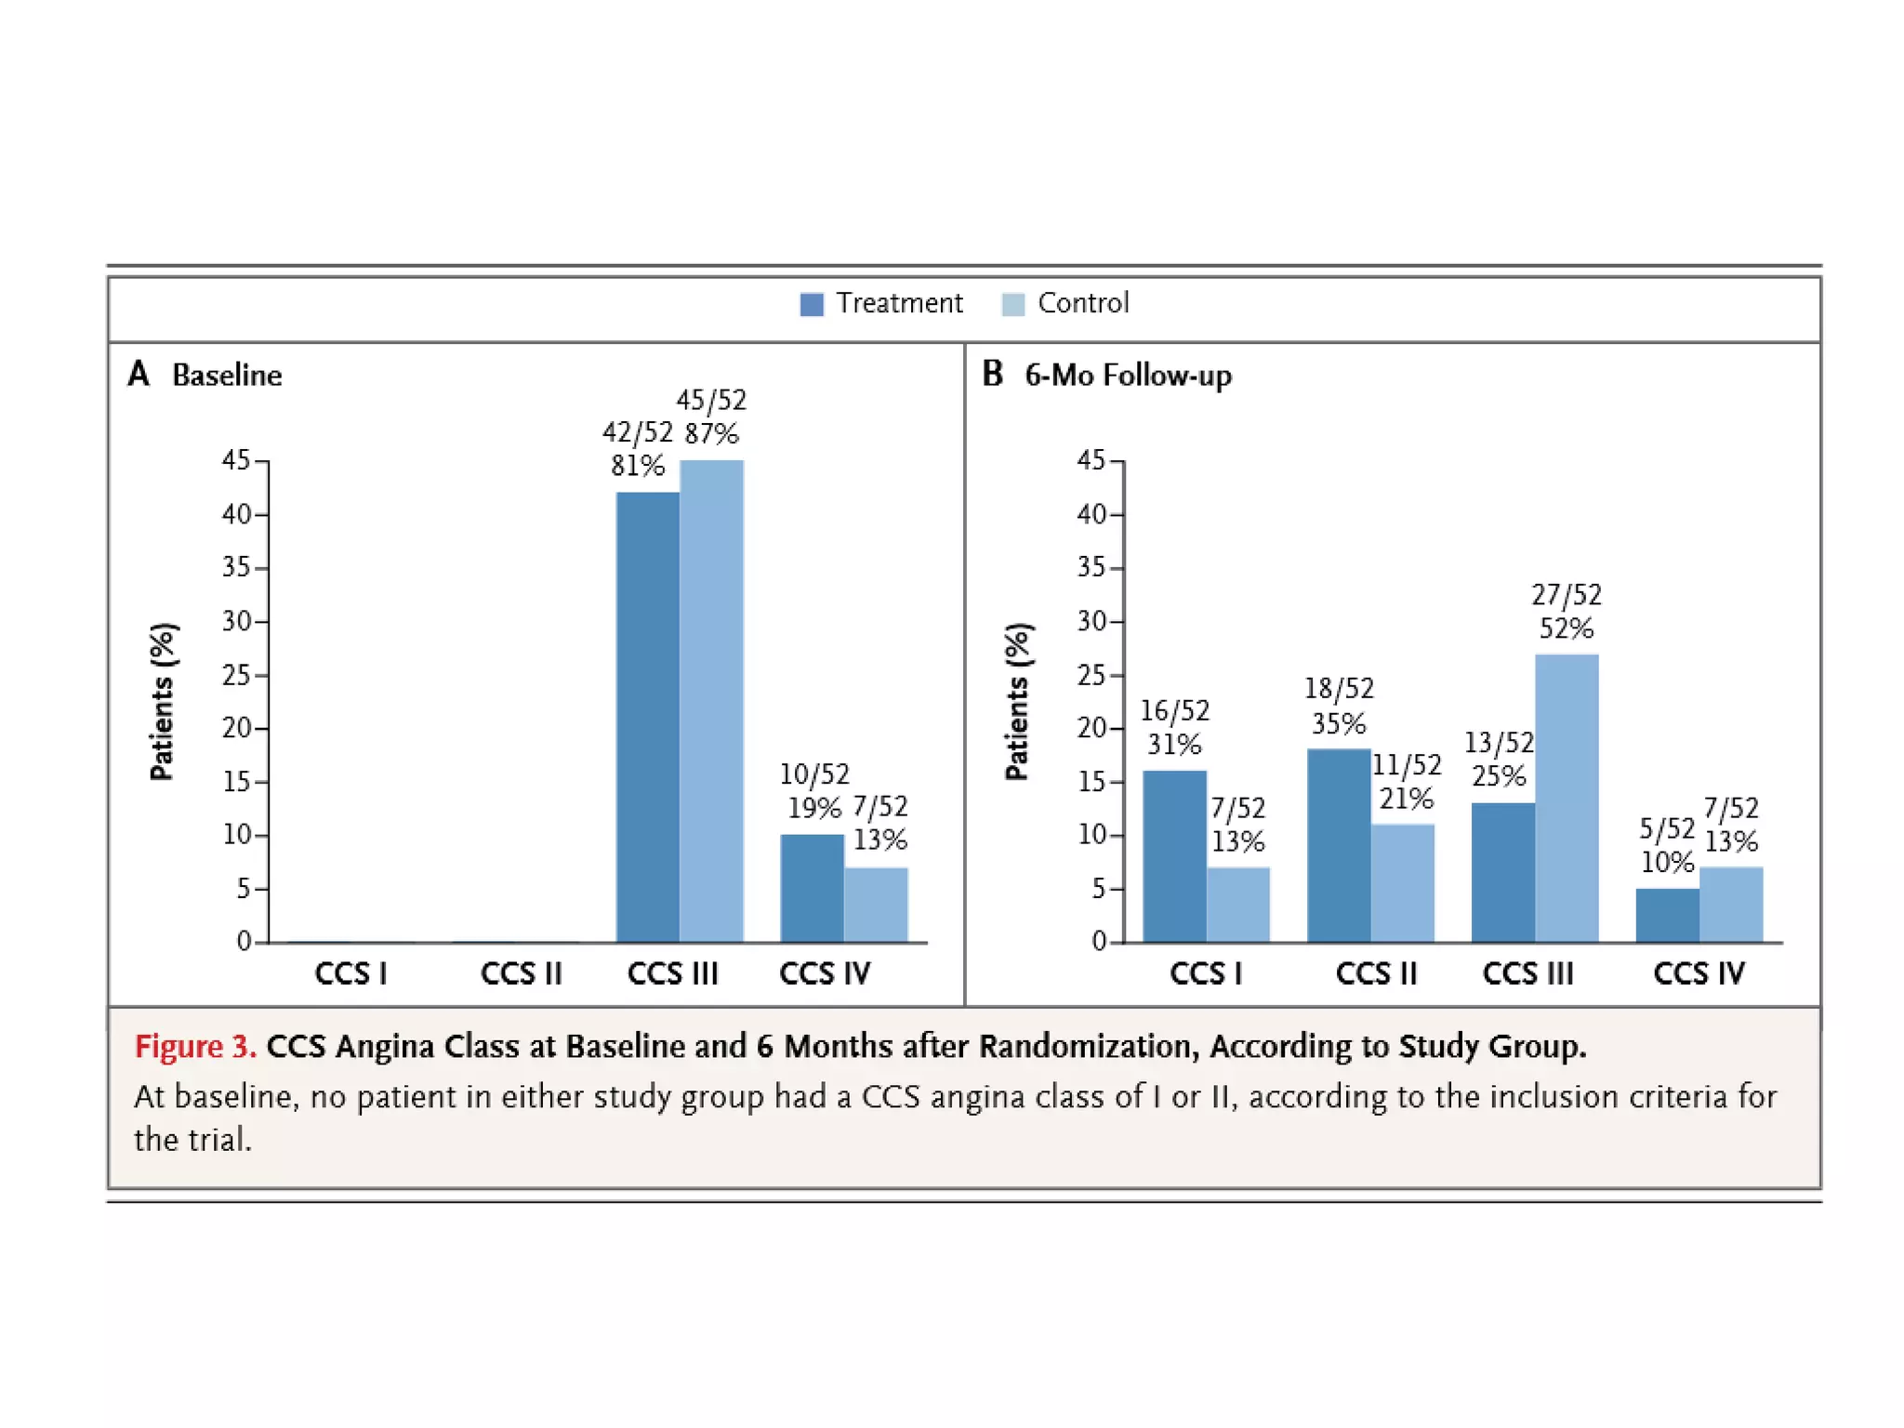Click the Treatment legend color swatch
pos(811,304)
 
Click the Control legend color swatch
pos(1012,304)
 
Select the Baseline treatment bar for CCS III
pos(647,716)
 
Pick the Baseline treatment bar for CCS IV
pos(812,888)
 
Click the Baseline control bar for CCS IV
pos(876,904)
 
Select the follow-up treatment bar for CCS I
pos(1174,855)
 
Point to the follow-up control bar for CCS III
pos(1567,798)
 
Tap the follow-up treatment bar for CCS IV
pos(1667,915)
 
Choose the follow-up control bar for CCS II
pos(1402,882)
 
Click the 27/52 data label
pos(1567,595)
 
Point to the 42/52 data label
pos(637,432)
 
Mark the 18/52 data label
pos(1339,689)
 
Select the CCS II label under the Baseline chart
pos(521,973)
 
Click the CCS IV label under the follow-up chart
pos(1699,973)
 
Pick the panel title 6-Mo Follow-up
pos(1128,376)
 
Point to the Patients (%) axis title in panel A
pos(162,702)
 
